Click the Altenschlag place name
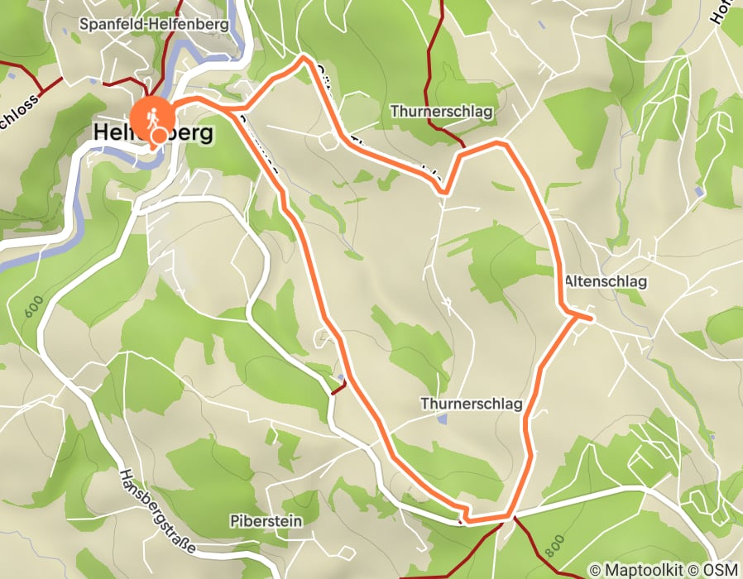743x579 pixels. [606, 282]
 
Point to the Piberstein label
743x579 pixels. [266, 521]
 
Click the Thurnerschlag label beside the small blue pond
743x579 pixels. [472, 404]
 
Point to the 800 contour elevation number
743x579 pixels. [554, 544]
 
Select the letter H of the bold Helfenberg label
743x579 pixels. [103, 132]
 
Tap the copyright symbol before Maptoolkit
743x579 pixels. [595, 570]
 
